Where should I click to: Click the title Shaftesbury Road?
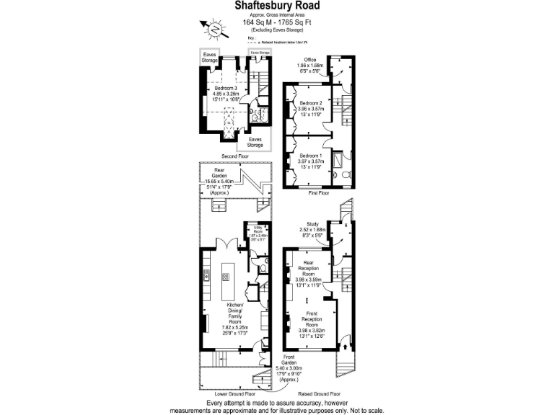click(x=277, y=6)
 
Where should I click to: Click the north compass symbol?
click(x=215, y=29)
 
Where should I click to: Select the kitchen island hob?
click(x=226, y=277)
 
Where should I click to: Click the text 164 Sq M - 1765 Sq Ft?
click(x=277, y=22)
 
